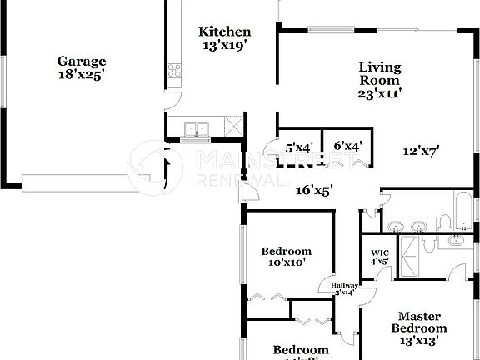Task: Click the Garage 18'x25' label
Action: tap(81, 67)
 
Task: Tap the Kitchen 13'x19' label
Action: tap(224, 38)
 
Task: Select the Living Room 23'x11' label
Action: tap(380, 80)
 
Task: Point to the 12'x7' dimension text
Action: tap(421, 151)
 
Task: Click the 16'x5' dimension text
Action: tap(315, 190)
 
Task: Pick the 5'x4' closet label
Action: tap(299, 147)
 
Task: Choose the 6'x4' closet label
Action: tap(347, 147)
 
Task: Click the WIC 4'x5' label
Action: tap(379, 256)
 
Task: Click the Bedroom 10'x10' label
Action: tap(286, 257)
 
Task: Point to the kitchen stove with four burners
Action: tap(176, 72)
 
